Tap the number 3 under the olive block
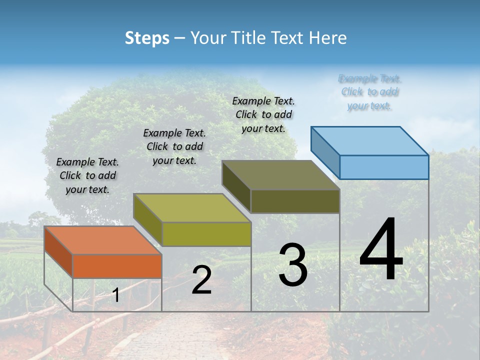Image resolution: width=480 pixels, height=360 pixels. pos(293,265)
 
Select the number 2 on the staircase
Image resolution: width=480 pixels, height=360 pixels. pos(201,280)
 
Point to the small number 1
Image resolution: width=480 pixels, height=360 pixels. pos(115,295)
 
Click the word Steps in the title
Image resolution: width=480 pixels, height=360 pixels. pos(147,38)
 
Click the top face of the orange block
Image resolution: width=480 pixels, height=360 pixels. pos(102,240)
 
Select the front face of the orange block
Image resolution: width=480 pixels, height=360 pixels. pos(117,266)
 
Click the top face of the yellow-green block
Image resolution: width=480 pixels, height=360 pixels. pos(192,208)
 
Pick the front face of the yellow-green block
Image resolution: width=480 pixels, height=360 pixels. pos(206,234)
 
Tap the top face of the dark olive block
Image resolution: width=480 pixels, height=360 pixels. pos(280,175)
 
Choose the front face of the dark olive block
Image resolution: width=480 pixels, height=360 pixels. pos(295,201)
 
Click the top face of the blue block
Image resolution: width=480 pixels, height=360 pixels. pos(370,140)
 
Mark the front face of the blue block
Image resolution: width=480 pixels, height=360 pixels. pos(384,167)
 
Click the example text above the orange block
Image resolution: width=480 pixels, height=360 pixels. pos(87,175)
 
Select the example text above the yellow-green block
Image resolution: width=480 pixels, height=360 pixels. pos(174,146)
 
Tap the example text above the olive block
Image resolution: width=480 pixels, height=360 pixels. pos(263,114)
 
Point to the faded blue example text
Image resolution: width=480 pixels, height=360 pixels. pos(369,92)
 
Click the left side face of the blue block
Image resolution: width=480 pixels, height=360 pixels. pos(325,150)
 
